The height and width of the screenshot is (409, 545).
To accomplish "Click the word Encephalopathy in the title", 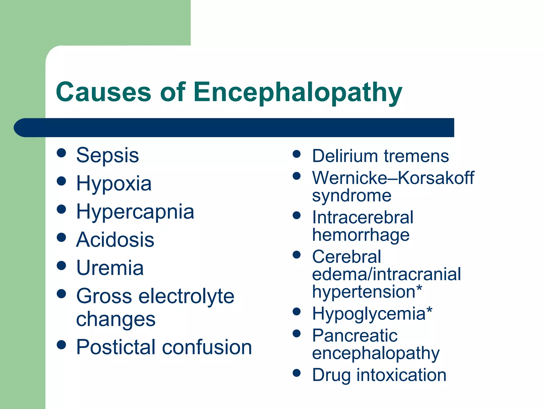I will click(x=298, y=92).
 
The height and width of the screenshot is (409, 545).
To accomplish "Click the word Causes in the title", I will click(x=104, y=92).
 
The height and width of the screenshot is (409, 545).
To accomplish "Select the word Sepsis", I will click(x=108, y=156).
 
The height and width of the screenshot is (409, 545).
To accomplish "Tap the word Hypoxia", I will click(x=114, y=184).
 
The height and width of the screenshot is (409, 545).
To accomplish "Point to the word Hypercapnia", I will click(x=135, y=212).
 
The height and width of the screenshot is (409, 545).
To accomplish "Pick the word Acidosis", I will click(x=115, y=240).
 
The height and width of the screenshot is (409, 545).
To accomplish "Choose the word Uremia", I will click(x=110, y=268).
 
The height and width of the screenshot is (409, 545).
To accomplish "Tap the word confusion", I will click(x=207, y=347).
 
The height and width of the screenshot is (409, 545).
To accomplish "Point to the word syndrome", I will click(x=352, y=196).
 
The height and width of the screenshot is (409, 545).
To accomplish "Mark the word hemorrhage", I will click(x=361, y=235).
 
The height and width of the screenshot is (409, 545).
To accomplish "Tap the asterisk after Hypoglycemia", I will click(x=429, y=310).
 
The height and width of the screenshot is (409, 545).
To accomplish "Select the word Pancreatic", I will click(x=355, y=336).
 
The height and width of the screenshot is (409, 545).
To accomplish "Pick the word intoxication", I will click(x=401, y=375).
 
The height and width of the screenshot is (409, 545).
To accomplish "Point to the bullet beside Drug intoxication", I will click(x=296, y=373).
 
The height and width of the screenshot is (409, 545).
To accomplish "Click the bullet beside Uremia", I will click(x=61, y=265).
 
